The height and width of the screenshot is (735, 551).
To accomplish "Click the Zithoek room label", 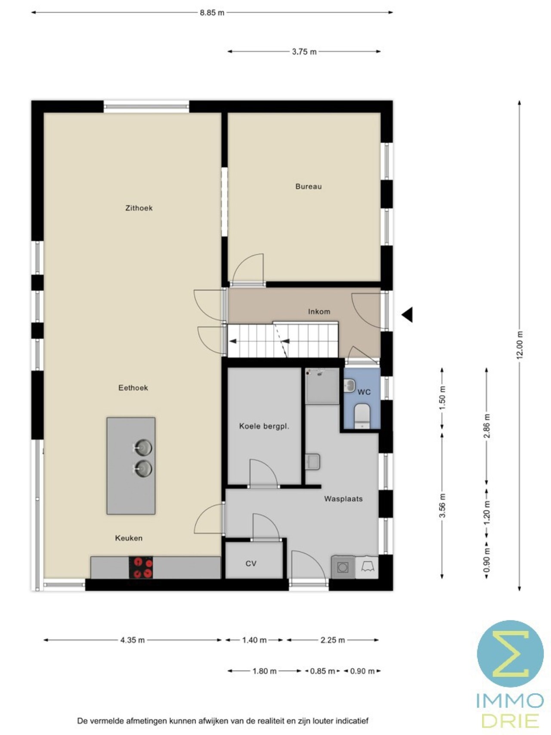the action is [x=139, y=208].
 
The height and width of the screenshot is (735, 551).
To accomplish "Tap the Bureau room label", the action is [x=308, y=186].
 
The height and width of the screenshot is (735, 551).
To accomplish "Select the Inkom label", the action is [x=319, y=311].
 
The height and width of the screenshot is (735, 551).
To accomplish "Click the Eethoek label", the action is [x=133, y=388].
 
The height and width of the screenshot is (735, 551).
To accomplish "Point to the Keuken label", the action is [x=129, y=538].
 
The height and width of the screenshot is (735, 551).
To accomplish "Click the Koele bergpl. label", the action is [x=264, y=426].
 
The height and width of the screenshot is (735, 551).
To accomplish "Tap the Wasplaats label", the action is [x=343, y=499].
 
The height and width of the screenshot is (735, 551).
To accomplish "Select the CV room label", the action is [x=251, y=563].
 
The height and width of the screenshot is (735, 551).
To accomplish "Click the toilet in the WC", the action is [x=362, y=416].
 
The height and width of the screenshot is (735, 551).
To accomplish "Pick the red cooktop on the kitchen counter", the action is [x=141, y=568].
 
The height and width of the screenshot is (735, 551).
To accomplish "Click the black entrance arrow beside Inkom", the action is [x=407, y=315].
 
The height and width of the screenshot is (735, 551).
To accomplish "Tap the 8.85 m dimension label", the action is [x=212, y=12].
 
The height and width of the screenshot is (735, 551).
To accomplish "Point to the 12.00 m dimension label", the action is [x=520, y=345].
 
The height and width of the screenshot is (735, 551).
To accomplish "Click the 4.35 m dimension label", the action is [x=133, y=640].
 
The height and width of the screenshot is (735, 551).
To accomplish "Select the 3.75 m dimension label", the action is [x=304, y=52].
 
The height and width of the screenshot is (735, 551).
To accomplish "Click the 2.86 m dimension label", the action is [x=487, y=426].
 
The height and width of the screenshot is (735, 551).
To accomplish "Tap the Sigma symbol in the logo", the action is [x=511, y=653].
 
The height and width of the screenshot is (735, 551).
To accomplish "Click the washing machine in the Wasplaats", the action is [x=343, y=567].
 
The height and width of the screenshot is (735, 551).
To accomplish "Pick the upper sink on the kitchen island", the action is [x=142, y=448].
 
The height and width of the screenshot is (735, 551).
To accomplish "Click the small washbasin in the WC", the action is [x=350, y=385].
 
